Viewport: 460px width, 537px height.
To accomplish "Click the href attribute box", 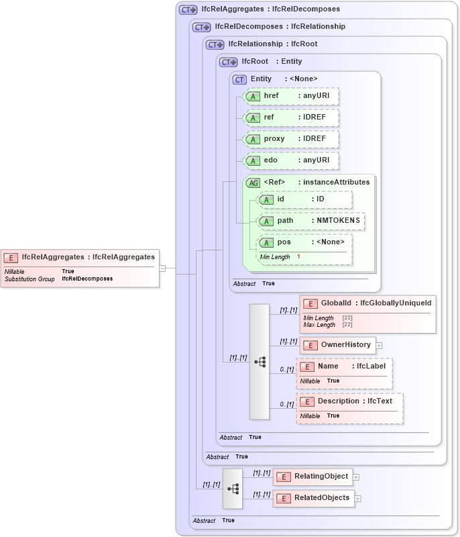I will coord(291,96).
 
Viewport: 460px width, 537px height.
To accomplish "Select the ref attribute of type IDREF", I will coord(291,117).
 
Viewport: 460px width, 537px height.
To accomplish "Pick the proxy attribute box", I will coord(291,139).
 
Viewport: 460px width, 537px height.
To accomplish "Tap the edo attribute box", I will coord(291,160).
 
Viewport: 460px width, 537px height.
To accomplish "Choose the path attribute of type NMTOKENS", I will coord(311,221).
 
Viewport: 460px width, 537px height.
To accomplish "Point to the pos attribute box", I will coord(304,242).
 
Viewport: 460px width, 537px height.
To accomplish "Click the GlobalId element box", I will coord(367,303).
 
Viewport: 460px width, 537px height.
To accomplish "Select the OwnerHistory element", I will coord(338,345).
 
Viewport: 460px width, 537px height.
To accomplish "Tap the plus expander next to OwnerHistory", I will coord(380,346).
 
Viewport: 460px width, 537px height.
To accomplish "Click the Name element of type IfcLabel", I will coord(344,367).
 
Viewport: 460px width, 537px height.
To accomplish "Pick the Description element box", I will coord(349,401).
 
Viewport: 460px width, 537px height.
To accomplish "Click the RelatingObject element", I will coord(312,477).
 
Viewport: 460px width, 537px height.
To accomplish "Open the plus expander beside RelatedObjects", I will coord(358,499).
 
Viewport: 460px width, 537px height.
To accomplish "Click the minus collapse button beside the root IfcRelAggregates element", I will coord(162,268).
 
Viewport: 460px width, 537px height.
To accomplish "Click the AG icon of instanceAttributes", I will coord(253,183).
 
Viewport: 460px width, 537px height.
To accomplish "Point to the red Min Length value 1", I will coord(298,257).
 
